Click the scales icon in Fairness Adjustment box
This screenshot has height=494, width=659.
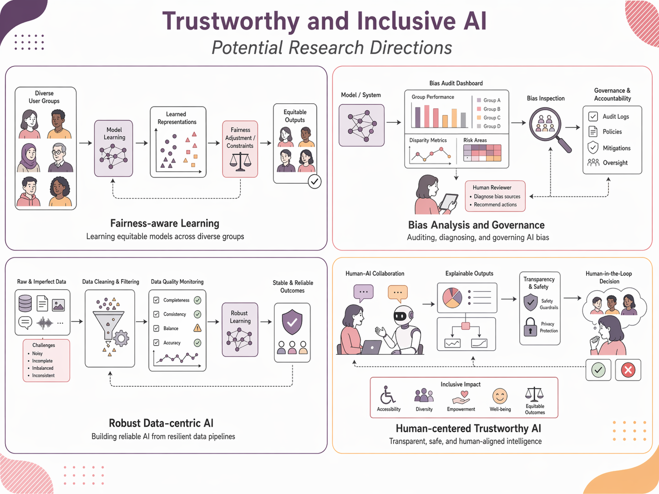240,161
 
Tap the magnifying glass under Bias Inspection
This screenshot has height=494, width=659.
546,124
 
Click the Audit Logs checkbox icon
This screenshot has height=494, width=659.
593,116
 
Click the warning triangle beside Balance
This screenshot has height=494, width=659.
198,328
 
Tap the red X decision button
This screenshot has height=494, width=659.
628,370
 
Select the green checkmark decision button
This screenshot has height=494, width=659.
598,370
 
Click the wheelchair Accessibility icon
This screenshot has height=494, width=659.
388,395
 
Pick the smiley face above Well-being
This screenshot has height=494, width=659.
500,396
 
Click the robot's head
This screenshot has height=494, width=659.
403,315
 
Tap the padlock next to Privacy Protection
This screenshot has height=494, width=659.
530,327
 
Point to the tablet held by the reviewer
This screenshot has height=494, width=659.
449,201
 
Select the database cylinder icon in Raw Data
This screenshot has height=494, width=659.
25,303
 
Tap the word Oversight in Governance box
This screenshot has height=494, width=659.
615,163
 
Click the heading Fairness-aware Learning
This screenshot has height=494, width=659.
165,223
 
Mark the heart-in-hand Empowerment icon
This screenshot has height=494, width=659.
461,397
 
